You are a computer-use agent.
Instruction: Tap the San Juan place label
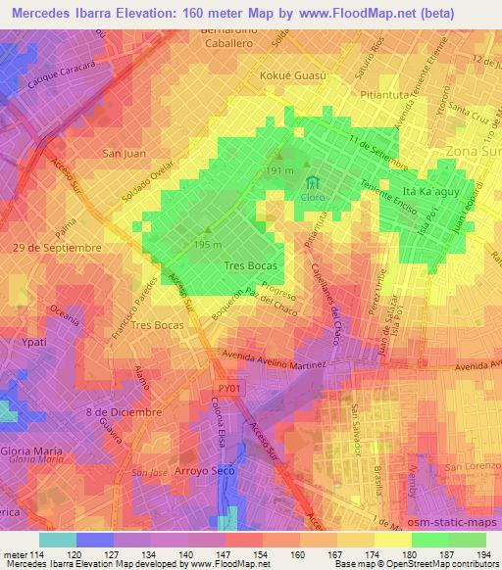click(x=125, y=153)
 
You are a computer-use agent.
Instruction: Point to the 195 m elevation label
click(x=207, y=244)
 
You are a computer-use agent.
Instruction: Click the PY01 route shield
click(x=225, y=390)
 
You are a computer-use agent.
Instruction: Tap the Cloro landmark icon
click(x=314, y=182)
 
